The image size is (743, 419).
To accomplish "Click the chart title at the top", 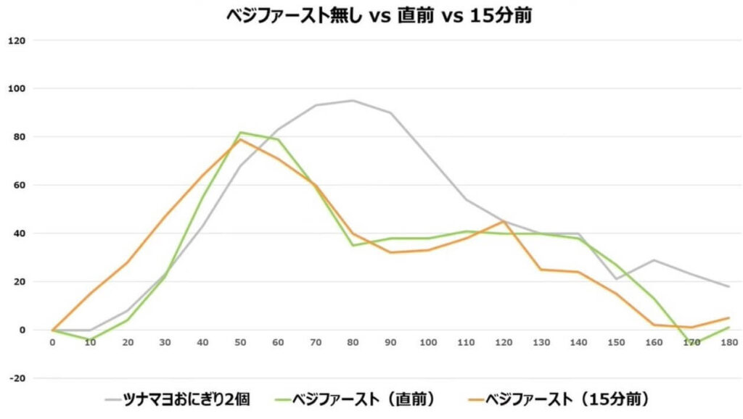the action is click(379, 16).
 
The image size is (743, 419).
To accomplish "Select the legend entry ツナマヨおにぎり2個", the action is click(178, 399).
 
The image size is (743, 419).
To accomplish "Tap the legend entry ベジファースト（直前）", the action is click(355, 399).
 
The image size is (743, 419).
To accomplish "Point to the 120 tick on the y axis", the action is click(17, 41).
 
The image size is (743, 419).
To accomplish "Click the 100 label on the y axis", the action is click(17, 88).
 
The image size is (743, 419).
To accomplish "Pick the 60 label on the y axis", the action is click(20, 185).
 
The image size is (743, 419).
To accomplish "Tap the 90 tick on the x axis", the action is click(390, 342).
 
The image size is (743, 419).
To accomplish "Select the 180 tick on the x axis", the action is click(728, 342).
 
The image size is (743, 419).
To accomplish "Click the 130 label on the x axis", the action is click(541, 342).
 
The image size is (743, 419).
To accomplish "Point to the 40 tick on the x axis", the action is click(202, 342).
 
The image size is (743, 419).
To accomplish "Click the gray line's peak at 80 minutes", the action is click(353, 100).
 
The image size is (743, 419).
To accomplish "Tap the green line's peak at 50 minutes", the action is click(240, 132).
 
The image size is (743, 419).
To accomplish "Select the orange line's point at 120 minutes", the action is click(504, 221).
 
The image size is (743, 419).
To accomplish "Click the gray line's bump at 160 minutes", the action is click(654, 260).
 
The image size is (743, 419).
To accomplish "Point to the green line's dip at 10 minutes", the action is click(90, 339).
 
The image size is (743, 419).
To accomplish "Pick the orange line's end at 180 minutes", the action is click(728, 318).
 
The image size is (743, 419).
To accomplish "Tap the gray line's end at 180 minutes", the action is click(728, 286).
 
